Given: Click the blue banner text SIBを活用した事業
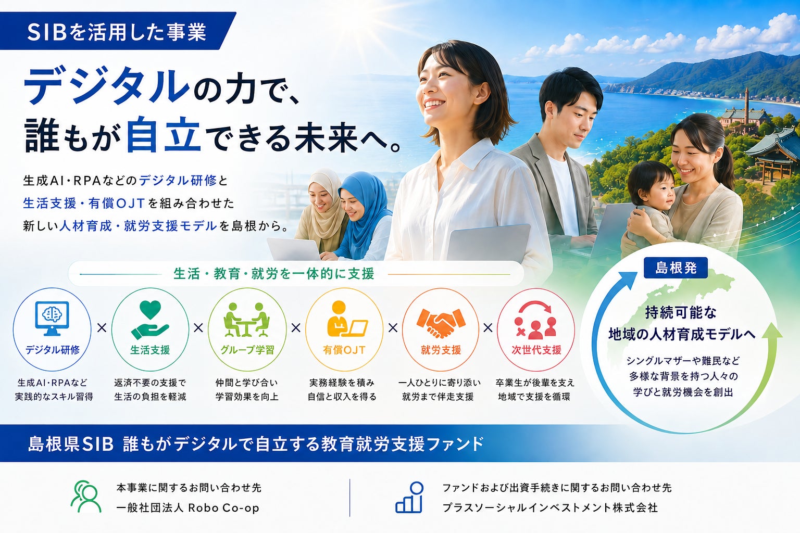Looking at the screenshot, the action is click(117, 32).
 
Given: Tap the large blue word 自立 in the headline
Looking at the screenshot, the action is click(163, 135).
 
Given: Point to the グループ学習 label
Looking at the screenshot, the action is click(247, 350).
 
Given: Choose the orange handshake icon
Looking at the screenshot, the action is click(441, 323).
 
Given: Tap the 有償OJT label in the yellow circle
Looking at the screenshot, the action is click(344, 350).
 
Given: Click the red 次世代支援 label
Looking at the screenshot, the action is click(536, 350).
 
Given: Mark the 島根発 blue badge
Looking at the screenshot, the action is click(676, 268).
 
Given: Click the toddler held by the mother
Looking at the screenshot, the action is click(648, 204).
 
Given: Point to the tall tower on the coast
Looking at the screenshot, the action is click(746, 101).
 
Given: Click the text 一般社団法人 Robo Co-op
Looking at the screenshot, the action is click(188, 507).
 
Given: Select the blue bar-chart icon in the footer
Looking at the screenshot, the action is click(409, 497).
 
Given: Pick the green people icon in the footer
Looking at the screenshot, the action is click(86, 497).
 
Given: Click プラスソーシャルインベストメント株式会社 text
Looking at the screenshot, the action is click(550, 507).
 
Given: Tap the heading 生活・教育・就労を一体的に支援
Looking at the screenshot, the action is click(274, 274).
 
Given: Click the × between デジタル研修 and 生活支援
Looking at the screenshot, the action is click(102, 328).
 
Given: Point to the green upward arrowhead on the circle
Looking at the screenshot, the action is click(772, 331).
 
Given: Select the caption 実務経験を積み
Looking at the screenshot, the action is click(342, 383).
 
